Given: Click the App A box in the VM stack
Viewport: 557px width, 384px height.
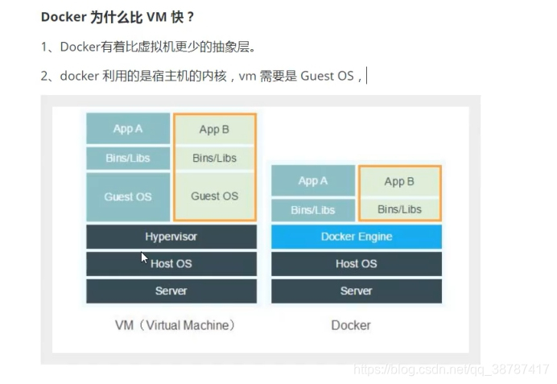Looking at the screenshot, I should tap(128, 129).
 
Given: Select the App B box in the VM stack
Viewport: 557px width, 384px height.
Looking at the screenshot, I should tap(215, 130).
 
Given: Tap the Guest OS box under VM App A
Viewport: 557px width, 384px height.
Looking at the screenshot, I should tap(128, 196).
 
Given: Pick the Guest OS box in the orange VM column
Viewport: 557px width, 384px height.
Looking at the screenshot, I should tap(215, 196).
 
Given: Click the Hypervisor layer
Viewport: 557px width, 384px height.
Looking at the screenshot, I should tap(171, 237).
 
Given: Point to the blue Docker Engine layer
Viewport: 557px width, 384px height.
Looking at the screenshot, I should tap(357, 237).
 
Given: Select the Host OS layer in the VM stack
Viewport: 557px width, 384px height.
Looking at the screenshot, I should tap(171, 263).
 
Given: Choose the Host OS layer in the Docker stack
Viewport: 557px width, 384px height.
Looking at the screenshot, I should tap(357, 263).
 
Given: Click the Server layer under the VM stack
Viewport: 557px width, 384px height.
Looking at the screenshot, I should tap(171, 291).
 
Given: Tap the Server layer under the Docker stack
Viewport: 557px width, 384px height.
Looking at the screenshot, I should tap(357, 291).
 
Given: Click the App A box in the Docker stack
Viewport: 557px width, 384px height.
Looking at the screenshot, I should tap(313, 181).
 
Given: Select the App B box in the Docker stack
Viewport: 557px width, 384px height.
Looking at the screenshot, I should tap(400, 182).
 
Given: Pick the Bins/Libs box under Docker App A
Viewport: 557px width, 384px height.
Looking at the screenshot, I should tap(313, 210).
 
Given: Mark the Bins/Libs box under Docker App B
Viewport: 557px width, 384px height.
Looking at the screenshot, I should tap(400, 209).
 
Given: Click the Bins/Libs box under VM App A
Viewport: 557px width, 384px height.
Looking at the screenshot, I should tap(128, 159).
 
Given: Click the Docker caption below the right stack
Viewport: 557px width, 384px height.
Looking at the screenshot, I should tap(351, 325).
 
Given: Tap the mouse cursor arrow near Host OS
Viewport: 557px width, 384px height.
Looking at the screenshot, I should tap(145, 258).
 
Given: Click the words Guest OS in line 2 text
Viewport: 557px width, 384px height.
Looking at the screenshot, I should tap(328, 76).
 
